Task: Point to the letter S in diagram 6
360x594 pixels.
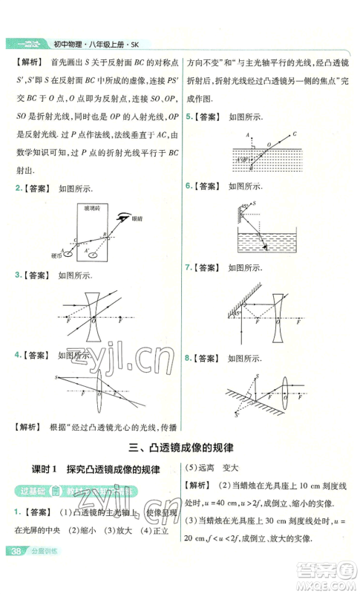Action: click(255, 203)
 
